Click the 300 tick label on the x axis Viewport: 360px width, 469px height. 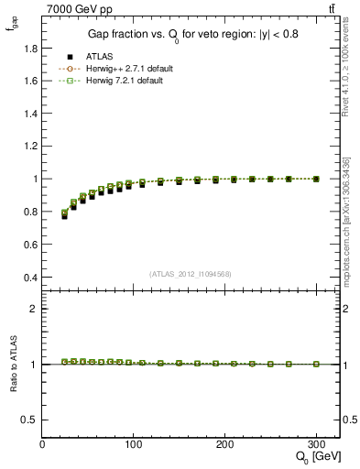point(316,444)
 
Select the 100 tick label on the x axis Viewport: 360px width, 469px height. point(134,444)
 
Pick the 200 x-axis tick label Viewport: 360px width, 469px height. point(224,444)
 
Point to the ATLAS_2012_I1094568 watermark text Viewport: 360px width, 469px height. point(190,273)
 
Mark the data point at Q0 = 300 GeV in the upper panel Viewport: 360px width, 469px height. point(316,179)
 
